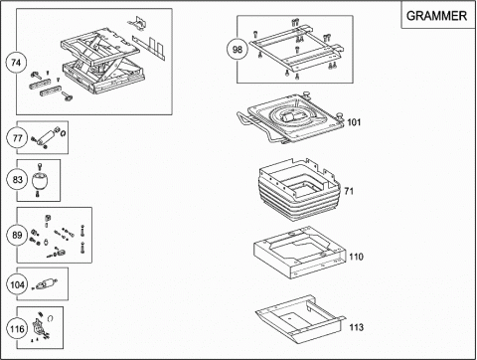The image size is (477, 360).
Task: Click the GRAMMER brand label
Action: [x=436, y=16]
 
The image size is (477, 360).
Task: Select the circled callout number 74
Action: [x=16, y=63]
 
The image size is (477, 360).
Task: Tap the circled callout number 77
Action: [x=17, y=137]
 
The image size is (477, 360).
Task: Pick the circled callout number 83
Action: [x=17, y=180]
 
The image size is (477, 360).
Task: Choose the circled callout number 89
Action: [x=17, y=235]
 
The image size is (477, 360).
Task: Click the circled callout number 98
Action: [x=238, y=50]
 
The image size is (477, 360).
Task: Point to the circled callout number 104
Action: [x=17, y=284]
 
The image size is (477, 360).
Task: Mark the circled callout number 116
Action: [x=17, y=329]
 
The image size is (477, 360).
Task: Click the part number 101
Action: [x=354, y=122]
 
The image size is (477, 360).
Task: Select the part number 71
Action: [x=349, y=191]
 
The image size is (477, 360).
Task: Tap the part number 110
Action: [x=356, y=257]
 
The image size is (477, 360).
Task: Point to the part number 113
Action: [x=357, y=327]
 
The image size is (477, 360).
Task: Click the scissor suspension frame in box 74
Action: [x=102, y=62]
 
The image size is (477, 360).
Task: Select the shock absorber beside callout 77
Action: [x=48, y=137]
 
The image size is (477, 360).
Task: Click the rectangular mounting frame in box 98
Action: [x=296, y=50]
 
